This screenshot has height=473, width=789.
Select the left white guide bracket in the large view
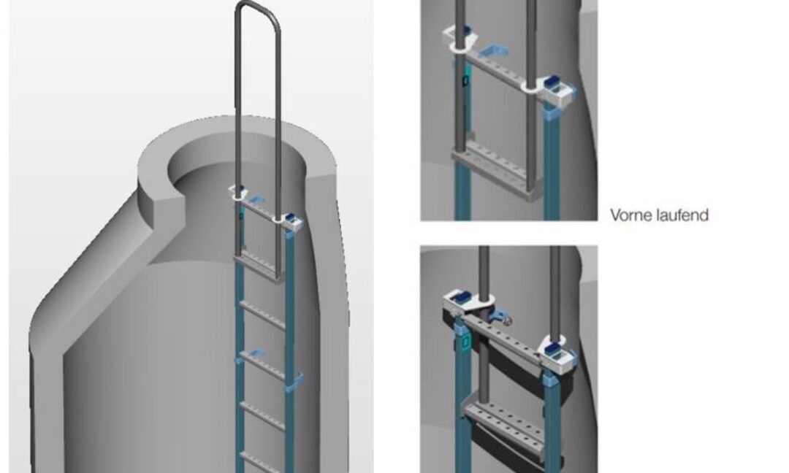[238, 192]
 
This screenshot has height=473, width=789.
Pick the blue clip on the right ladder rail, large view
[295, 380]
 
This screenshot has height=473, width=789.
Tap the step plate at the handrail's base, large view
[258, 267]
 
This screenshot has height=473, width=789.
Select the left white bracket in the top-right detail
[462, 38]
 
